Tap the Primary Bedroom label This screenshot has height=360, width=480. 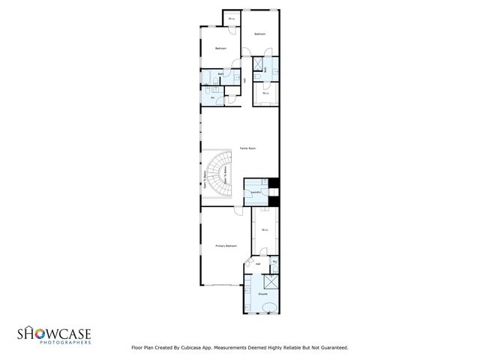[226, 245]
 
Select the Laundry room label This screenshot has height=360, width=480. [256, 193]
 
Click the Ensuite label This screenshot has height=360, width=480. [263, 294]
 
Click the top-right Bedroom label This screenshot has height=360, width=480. [260, 34]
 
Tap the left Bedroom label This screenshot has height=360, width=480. [220, 49]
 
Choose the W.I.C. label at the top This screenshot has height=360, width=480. [232, 19]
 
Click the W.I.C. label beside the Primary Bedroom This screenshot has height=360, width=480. [265, 229]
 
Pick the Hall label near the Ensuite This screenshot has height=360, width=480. [257, 264]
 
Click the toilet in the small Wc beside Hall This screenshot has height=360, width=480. [275, 268]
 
